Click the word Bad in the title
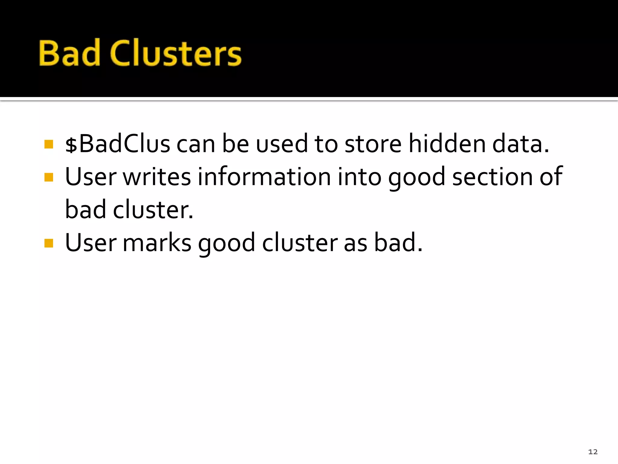[69, 53]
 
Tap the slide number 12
[593, 452]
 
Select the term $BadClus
[117, 144]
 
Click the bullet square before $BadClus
[49, 144]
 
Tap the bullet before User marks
[49, 243]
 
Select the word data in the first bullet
[520, 144]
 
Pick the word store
[373, 144]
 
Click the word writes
[157, 177]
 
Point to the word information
[264, 177]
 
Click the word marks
[157, 243]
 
